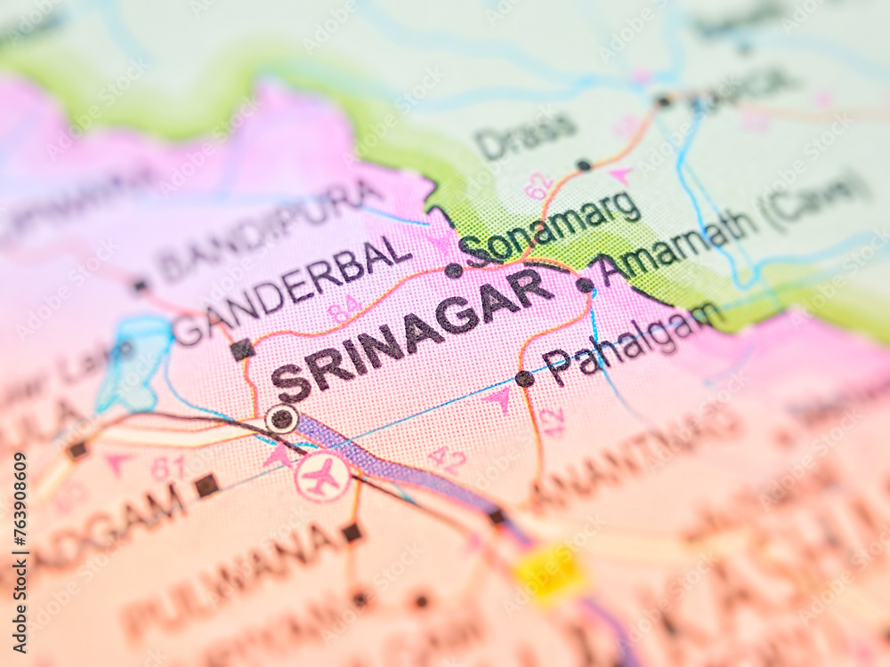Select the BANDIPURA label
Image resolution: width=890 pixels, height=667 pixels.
pyautogui.click(x=267, y=227)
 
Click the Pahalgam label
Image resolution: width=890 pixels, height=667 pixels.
pyautogui.click(x=632, y=342)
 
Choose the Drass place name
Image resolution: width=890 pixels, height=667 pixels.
pyautogui.click(x=525, y=133)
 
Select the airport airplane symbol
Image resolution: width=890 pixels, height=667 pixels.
pyautogui.click(x=321, y=478)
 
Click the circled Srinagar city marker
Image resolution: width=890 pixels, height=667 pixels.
pyautogui.click(x=282, y=418)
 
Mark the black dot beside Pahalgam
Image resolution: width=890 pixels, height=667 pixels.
pyautogui.click(x=525, y=378)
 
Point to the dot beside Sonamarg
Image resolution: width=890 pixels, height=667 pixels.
pyautogui.click(x=453, y=269)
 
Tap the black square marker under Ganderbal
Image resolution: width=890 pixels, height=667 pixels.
pyautogui.click(x=241, y=350)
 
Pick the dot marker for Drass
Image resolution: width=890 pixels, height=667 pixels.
pyautogui.click(x=583, y=165)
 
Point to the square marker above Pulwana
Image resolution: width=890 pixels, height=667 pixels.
pyautogui.click(x=352, y=532)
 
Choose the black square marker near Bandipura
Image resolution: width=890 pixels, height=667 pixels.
pyautogui.click(x=140, y=285)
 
